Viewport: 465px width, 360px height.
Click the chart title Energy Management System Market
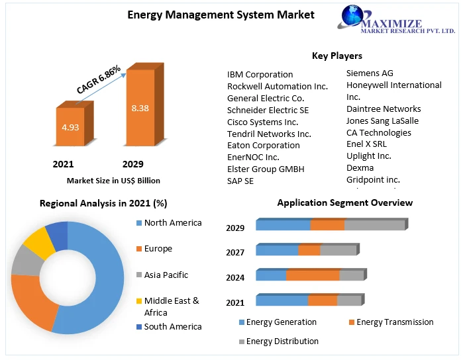pyautogui.click(x=221, y=15)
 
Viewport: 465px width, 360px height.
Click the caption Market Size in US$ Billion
pyautogui.click(x=113, y=180)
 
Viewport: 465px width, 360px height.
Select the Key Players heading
pyautogui.click(x=336, y=56)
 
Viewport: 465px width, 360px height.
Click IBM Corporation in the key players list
pyautogui.click(x=260, y=74)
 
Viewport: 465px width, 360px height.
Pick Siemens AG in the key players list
pyautogui.click(x=370, y=73)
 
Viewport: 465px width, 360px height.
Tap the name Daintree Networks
pyautogui.click(x=384, y=109)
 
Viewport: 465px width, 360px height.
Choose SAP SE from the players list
pyautogui.click(x=240, y=181)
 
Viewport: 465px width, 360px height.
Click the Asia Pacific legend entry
pyautogui.click(x=166, y=275)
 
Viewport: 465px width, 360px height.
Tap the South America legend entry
pyautogui.click(x=172, y=326)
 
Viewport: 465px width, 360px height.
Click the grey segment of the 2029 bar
pyautogui.click(x=374, y=225)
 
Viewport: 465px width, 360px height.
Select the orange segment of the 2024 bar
pyautogui.click(x=313, y=275)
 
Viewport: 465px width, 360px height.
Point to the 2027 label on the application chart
pyautogui.click(x=235, y=252)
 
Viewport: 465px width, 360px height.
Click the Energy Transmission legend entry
pyautogui.click(x=394, y=322)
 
